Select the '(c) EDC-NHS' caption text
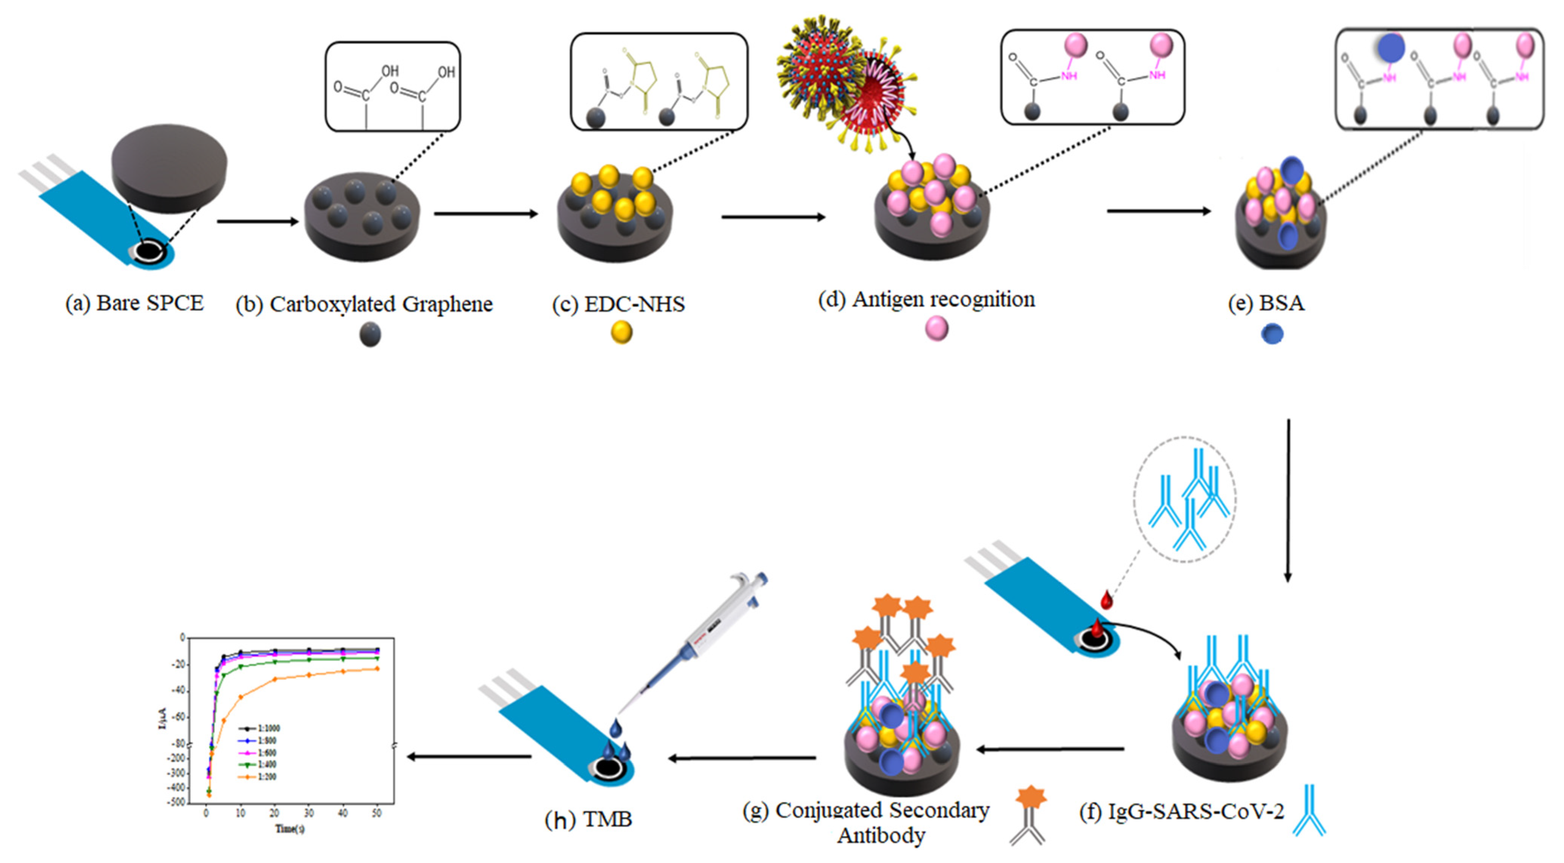tap(618, 304)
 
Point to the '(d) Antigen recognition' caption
tap(927, 299)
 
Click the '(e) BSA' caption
tap(1266, 303)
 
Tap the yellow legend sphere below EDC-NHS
tap(621, 332)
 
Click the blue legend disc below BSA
tap(1272, 334)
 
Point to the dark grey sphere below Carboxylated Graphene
tap(370, 334)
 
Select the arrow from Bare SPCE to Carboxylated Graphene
tap(258, 222)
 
